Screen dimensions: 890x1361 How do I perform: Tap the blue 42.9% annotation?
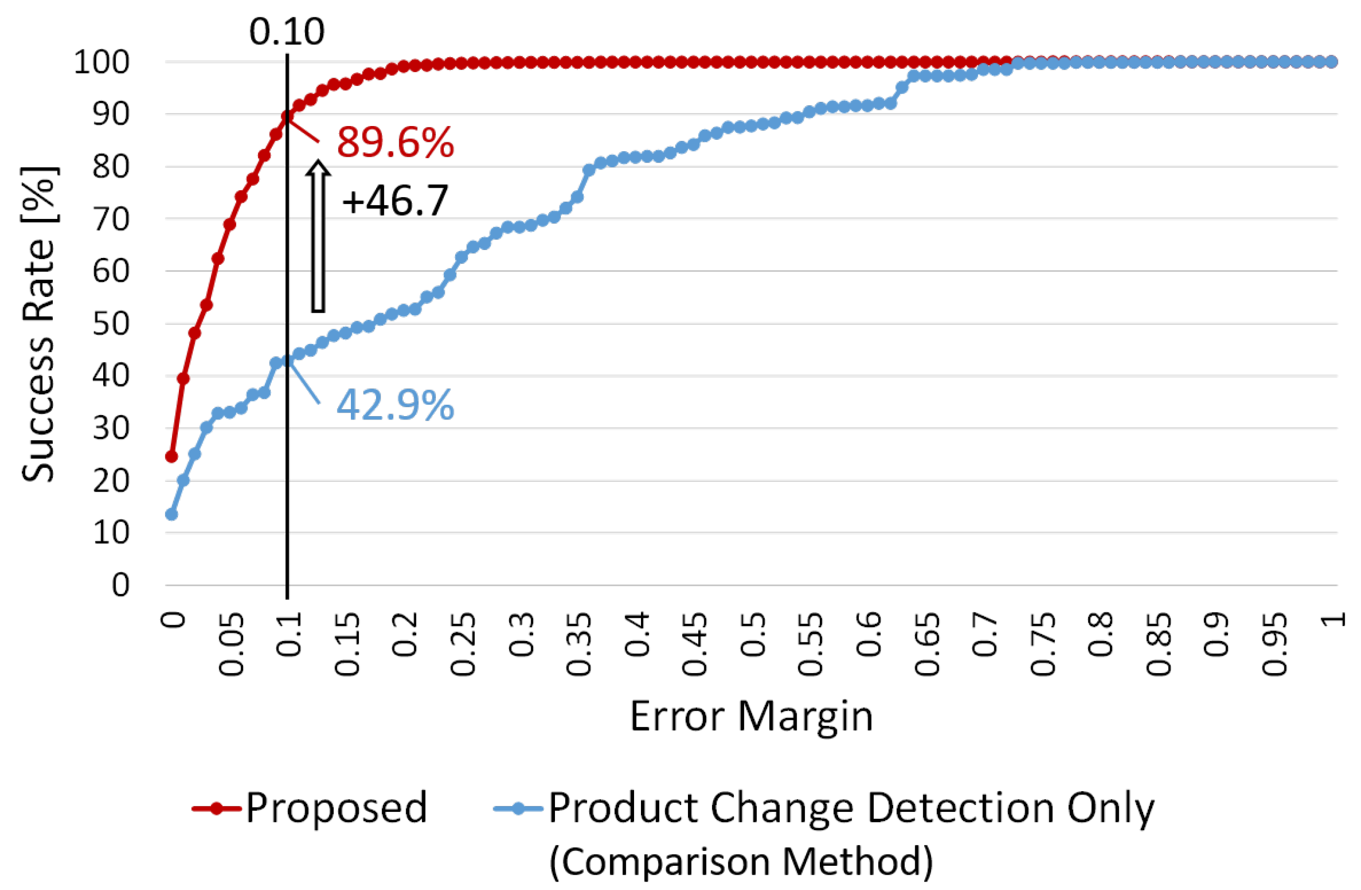tap(394, 405)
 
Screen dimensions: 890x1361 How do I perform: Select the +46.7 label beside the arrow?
tap(394, 201)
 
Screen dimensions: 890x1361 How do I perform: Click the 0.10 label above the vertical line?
tap(287, 32)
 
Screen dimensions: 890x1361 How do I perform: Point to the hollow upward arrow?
tap(318, 236)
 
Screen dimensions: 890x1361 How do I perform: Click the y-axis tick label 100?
tap(102, 62)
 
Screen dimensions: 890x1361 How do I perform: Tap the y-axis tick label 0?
tap(120, 585)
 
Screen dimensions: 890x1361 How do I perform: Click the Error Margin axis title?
tap(751, 716)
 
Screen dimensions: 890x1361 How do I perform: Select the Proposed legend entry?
tap(336, 807)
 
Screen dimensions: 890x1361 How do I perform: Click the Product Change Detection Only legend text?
tap(851, 807)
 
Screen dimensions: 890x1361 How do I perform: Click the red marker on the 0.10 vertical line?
tap(287, 117)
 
